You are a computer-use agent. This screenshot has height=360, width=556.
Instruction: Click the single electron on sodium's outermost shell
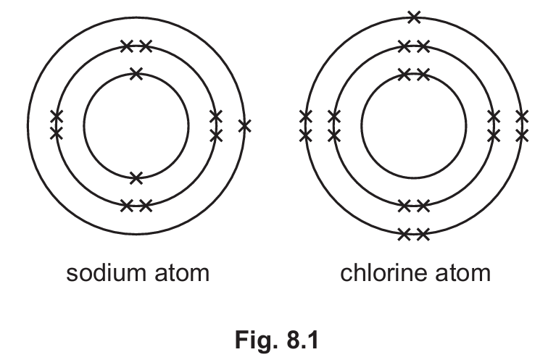coord(245,126)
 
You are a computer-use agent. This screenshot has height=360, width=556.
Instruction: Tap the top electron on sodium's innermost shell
coord(136,74)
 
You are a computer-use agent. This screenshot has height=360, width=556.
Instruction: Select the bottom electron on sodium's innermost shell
coord(136,178)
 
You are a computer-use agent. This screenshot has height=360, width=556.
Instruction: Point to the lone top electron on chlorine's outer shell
coord(414,17)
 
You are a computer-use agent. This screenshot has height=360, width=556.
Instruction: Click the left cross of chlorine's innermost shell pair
coord(404,75)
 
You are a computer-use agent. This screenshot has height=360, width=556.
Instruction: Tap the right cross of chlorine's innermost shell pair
coord(423,75)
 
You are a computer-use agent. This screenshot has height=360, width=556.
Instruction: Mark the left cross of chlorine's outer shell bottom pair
coord(404,234)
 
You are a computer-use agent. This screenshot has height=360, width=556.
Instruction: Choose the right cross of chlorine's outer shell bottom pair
coord(423,234)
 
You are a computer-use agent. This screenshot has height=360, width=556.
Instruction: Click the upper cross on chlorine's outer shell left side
coord(306,116)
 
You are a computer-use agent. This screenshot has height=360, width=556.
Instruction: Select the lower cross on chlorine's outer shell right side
coord(522,135)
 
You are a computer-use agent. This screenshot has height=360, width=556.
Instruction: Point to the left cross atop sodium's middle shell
coord(127,46)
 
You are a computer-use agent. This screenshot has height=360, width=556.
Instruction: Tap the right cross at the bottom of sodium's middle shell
coord(146,206)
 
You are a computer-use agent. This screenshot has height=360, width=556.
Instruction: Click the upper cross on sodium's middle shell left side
coord(57,116)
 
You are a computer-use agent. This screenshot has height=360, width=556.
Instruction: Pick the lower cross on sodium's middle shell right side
coord(216,135)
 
